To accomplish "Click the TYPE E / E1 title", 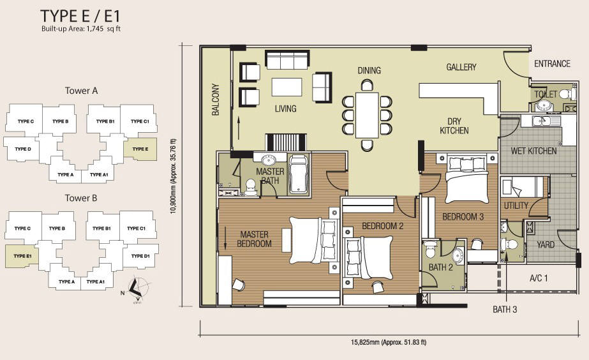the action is pyautogui.click(x=80, y=16).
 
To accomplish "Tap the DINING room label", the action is pyautogui.click(x=369, y=70).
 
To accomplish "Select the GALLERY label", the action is pyautogui.click(x=461, y=67).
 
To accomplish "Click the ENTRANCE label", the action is pyautogui.click(x=552, y=64).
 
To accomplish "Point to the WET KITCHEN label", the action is pyautogui.click(x=533, y=151).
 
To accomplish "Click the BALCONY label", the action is pyautogui.click(x=216, y=100).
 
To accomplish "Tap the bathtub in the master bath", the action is pyautogui.click(x=299, y=174).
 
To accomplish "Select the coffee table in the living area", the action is pyautogui.click(x=287, y=87).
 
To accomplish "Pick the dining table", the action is pyautogui.click(x=367, y=115).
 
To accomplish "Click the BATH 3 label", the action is pyautogui.click(x=505, y=310).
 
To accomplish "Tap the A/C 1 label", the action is pyautogui.click(x=539, y=278).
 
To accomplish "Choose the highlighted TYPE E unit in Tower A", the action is pyautogui.click(x=140, y=149).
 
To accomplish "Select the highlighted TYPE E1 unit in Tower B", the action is pyautogui.click(x=22, y=257).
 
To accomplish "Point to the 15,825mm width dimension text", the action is pyautogui.click(x=389, y=342).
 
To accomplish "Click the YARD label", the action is pyautogui.click(x=546, y=245).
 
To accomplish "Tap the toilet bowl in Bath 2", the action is pyautogui.click(x=429, y=249).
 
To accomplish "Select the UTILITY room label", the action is pyautogui.click(x=516, y=206).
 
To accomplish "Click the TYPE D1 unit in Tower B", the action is pyautogui.click(x=140, y=257).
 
